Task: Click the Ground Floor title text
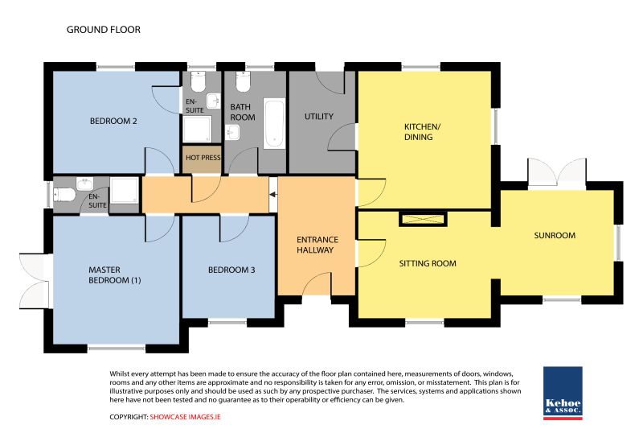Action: pos(104,30)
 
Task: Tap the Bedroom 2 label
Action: pos(113,121)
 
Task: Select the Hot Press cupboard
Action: pos(203,159)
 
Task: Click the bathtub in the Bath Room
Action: pos(274,123)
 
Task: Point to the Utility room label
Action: pos(318,117)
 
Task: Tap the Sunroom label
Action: pos(555,235)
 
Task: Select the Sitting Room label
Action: pos(428,263)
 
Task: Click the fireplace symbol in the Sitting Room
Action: pos(423,219)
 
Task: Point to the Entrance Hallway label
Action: pos(317,245)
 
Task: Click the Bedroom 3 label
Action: pos(231,270)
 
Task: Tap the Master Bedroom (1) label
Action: pos(114,275)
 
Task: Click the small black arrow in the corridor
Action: pos(273,195)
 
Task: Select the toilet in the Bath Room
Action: pos(243,81)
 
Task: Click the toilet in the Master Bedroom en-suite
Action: pos(64,194)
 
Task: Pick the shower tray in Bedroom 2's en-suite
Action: pos(197,130)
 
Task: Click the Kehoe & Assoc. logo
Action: pos(563,393)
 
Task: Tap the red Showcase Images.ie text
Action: pos(185,417)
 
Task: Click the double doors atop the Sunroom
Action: pos(556,172)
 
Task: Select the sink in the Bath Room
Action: pos(232,133)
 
